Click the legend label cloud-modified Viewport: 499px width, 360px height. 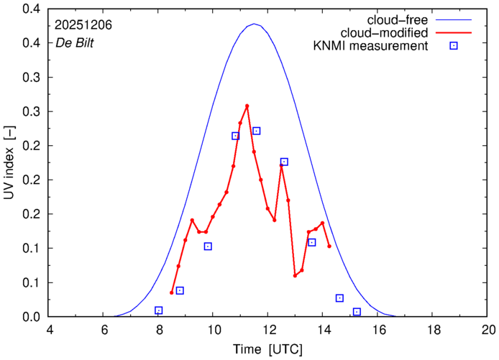click(x=391, y=33)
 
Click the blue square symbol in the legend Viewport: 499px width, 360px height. click(x=454, y=47)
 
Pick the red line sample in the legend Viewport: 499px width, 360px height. click(x=454, y=33)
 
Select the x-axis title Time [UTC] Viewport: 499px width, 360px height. click(x=267, y=349)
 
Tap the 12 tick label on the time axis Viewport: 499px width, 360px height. click(x=268, y=330)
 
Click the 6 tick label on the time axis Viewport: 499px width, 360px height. click(x=104, y=330)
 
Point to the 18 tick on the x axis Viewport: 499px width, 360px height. click(x=433, y=330)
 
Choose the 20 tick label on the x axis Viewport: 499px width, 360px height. click(x=488, y=330)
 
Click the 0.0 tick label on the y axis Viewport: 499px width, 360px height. click(x=31, y=317)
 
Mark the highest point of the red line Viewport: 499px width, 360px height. click(x=247, y=106)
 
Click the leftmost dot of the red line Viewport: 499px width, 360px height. click(x=171, y=292)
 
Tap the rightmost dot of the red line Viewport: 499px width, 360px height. click(x=329, y=246)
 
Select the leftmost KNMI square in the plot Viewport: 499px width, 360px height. click(x=159, y=310)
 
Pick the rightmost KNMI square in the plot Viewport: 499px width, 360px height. click(x=357, y=312)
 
